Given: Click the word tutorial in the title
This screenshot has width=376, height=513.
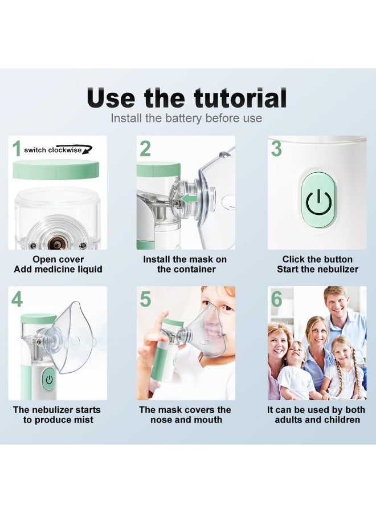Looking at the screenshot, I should click(239, 98).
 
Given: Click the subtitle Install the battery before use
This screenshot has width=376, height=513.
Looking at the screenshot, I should click(186, 119).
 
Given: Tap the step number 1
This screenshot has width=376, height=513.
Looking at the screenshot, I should click(17, 149).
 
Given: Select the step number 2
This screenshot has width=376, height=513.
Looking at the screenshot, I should click(145, 149).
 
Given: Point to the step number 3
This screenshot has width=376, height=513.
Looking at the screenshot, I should click(276, 149).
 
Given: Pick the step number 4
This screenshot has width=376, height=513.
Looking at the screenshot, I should click(17, 299).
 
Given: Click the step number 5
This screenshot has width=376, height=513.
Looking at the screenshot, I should click(145, 299).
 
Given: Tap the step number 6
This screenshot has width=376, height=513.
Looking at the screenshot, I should click(276, 299).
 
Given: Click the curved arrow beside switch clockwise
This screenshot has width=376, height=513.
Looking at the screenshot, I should click(86, 150).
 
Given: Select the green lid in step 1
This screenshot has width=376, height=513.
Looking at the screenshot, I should click(56, 170).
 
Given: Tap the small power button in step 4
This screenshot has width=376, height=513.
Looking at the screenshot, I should click(49, 379).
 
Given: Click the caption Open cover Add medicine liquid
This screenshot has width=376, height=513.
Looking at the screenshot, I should click(59, 264).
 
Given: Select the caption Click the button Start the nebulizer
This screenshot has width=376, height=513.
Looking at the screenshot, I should click(317, 264).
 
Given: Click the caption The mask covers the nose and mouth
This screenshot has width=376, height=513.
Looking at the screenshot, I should click(185, 415).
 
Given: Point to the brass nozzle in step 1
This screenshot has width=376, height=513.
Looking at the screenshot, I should click(56, 244).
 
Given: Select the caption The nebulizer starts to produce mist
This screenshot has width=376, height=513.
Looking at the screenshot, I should click(57, 415).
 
